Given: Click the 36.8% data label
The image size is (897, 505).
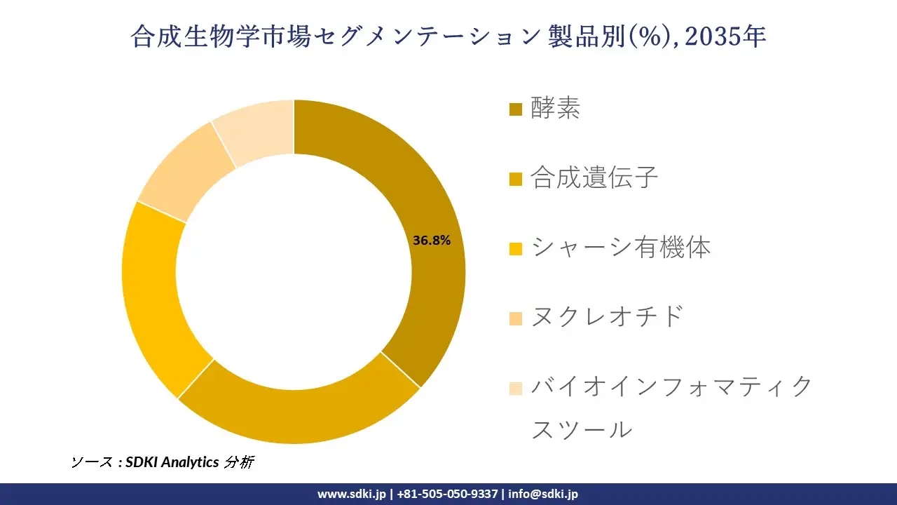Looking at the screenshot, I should click(x=431, y=241).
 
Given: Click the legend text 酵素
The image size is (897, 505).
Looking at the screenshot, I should click(x=555, y=109).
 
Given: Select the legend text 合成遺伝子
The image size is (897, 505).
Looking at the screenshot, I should click(x=594, y=177).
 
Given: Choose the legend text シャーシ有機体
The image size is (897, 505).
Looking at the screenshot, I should click(x=620, y=247).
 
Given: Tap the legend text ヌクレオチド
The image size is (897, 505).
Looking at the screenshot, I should click(x=607, y=316).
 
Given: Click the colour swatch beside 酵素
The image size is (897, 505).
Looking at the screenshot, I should click(x=516, y=109).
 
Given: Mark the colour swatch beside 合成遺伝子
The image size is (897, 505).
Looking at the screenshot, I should click(x=516, y=179).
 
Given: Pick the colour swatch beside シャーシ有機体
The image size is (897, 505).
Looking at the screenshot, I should click(x=516, y=248).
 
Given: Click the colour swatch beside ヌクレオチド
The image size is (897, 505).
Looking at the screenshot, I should click(x=516, y=318).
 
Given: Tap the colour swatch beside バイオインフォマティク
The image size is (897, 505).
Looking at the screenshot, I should click(x=516, y=387).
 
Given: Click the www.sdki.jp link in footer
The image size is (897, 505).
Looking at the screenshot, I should click(x=351, y=494).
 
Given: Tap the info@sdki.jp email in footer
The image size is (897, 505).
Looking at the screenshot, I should click(x=543, y=494).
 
